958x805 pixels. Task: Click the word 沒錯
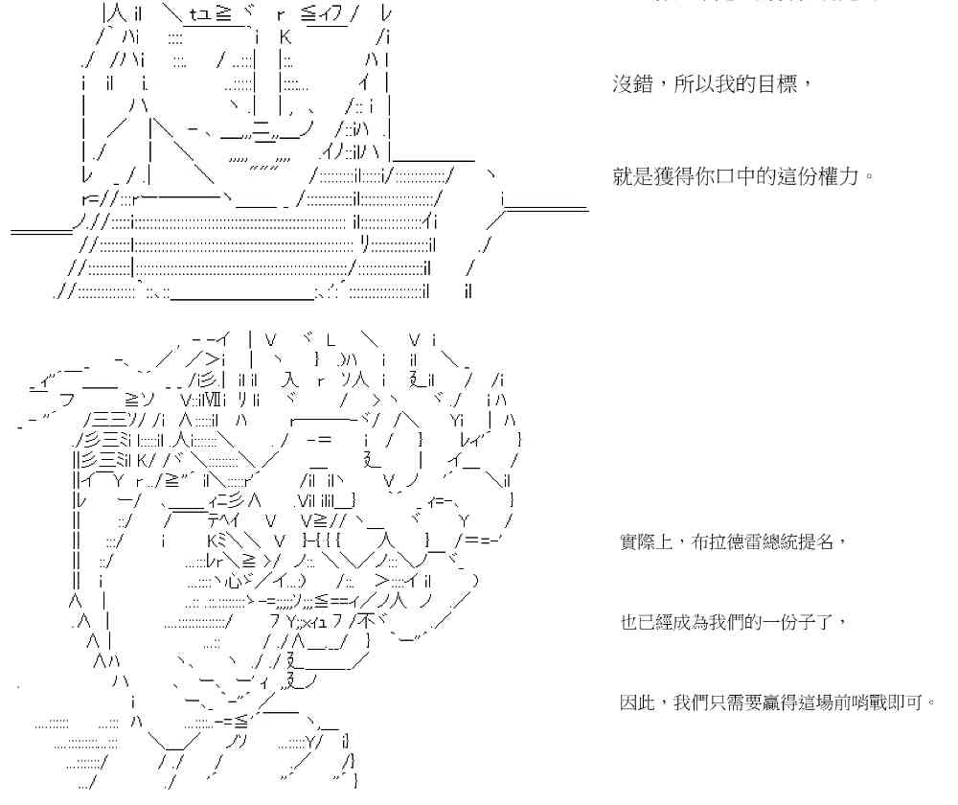[632, 84]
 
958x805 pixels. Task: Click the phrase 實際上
[648, 543]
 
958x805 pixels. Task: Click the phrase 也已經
[648, 623]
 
